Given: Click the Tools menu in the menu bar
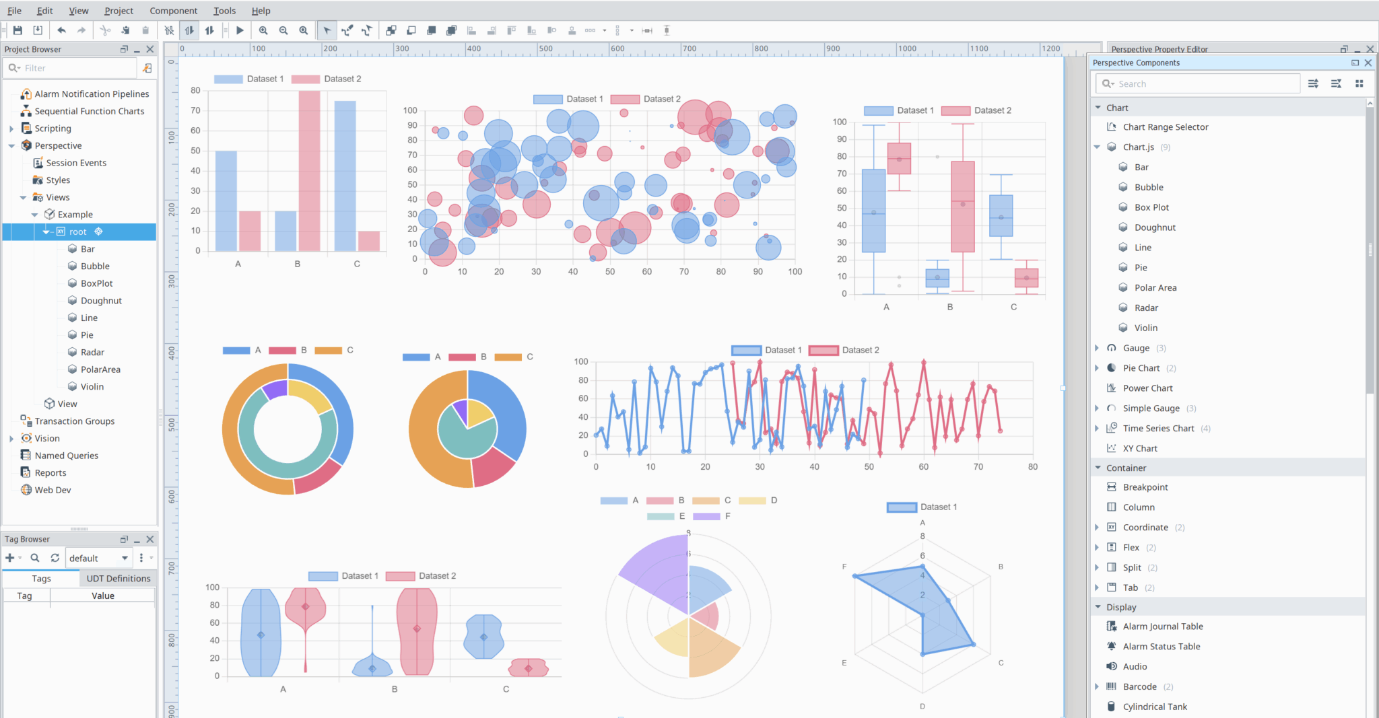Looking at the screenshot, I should (x=224, y=11).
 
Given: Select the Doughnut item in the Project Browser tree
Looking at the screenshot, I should (x=101, y=301).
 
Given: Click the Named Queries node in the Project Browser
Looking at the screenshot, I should (x=66, y=456).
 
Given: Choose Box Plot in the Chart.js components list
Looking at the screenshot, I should (x=1151, y=207).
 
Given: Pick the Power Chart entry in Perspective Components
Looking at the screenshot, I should (x=1147, y=388).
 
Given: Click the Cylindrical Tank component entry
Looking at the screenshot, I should (x=1154, y=707).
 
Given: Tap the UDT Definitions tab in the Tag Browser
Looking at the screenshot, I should (x=118, y=579).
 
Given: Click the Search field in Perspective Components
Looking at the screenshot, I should (x=1205, y=84).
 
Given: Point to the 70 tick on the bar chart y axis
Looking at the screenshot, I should (x=195, y=110).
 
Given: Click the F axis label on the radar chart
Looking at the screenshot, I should (x=844, y=567).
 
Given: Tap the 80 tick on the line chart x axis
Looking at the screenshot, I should (x=1033, y=467).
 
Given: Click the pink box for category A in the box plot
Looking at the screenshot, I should (x=899, y=159).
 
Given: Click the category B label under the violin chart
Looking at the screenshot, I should (x=395, y=689).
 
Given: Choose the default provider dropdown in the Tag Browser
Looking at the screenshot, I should (x=98, y=559).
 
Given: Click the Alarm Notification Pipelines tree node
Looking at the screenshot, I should (x=92, y=94).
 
